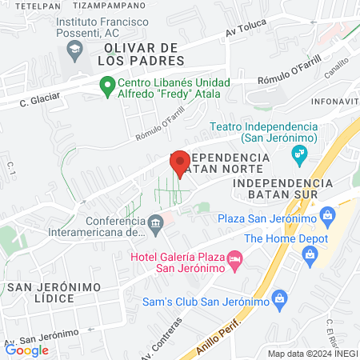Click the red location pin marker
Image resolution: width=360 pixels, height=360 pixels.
180,162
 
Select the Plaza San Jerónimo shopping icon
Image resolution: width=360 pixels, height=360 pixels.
326,215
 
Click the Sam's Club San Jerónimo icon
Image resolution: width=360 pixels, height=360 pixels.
279,301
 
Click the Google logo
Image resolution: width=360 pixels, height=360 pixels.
26,350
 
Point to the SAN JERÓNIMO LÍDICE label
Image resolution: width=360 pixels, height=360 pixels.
51,292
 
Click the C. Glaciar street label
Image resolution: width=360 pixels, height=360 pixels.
36,102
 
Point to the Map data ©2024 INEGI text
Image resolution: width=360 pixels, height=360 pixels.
312,353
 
